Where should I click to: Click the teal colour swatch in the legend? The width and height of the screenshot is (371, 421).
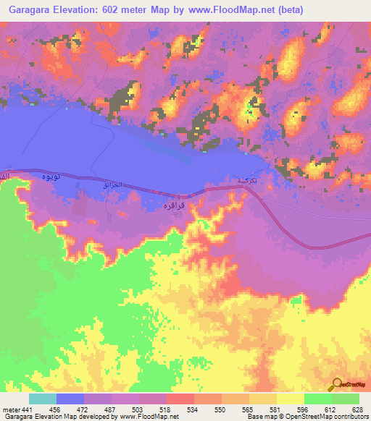tap(43, 399)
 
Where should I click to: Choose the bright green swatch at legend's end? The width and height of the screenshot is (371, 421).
tap(346, 399)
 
